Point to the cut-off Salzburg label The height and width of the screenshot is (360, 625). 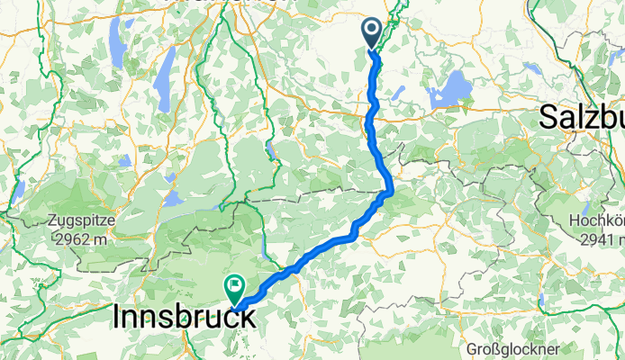coord(581,117)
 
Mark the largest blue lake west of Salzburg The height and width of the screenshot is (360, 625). coord(451,90)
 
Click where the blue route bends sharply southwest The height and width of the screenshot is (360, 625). coord(388,192)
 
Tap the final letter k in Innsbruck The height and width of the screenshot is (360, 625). coord(246,318)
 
